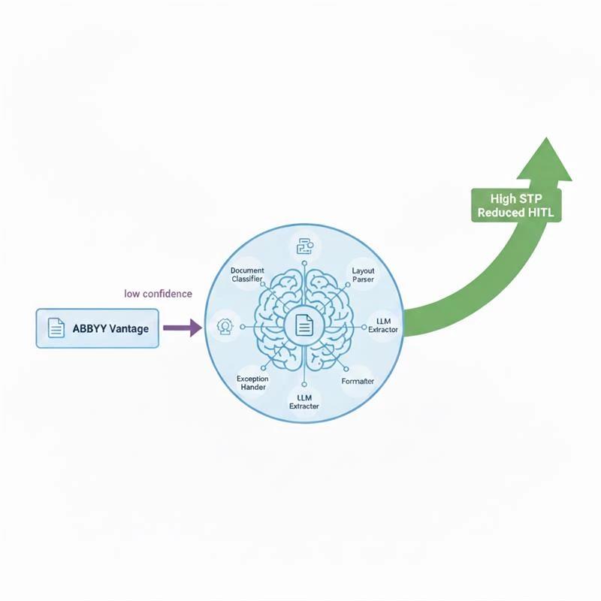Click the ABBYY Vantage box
click(98, 328)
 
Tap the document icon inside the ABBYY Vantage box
click(56, 328)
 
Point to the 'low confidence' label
click(158, 294)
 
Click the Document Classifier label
click(246, 274)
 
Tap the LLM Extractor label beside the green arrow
click(383, 325)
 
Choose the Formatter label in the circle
click(358, 382)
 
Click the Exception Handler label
click(252, 382)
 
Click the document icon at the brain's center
click(304, 325)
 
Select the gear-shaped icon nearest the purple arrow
click(223, 325)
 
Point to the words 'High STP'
click(514, 199)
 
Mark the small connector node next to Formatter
click(347, 369)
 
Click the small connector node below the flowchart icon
click(304, 264)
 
